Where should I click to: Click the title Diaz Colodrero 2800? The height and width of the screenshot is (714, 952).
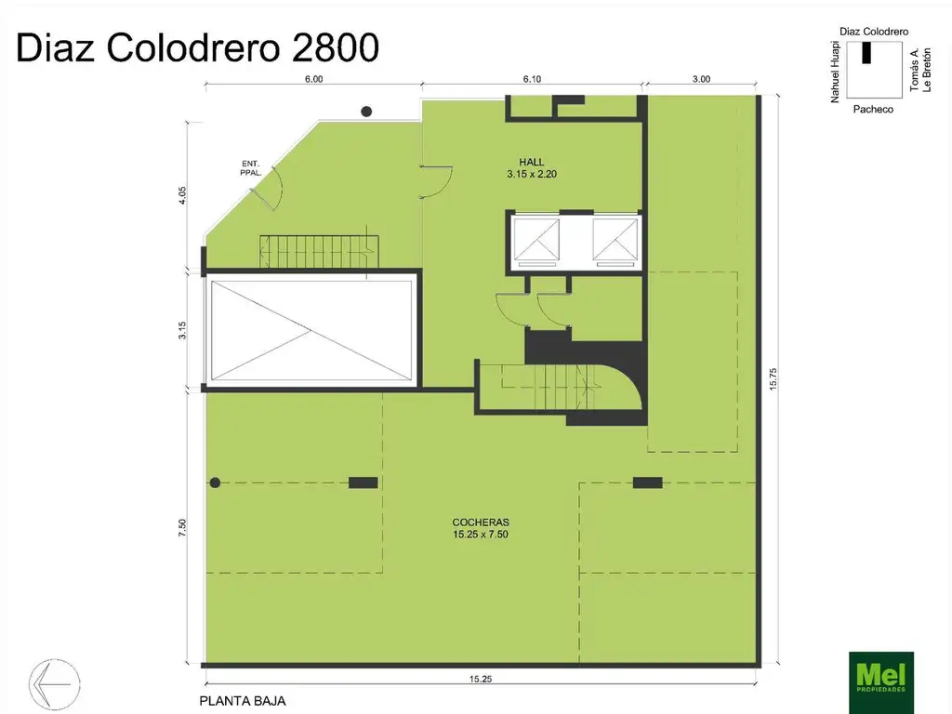(198, 47)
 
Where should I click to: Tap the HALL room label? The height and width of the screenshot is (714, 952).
(532, 161)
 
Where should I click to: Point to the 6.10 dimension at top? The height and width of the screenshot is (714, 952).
(532, 80)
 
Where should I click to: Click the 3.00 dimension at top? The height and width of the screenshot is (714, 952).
(701, 80)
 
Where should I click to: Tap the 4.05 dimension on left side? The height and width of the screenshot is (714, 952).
(184, 195)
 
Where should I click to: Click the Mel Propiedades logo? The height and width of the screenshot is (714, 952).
(881, 682)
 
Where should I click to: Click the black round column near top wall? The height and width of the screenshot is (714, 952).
(366, 112)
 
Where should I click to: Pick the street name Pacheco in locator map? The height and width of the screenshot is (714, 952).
(873, 109)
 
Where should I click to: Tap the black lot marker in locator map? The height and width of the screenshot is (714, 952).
(866, 53)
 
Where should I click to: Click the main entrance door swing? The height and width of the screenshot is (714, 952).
(270, 192)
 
